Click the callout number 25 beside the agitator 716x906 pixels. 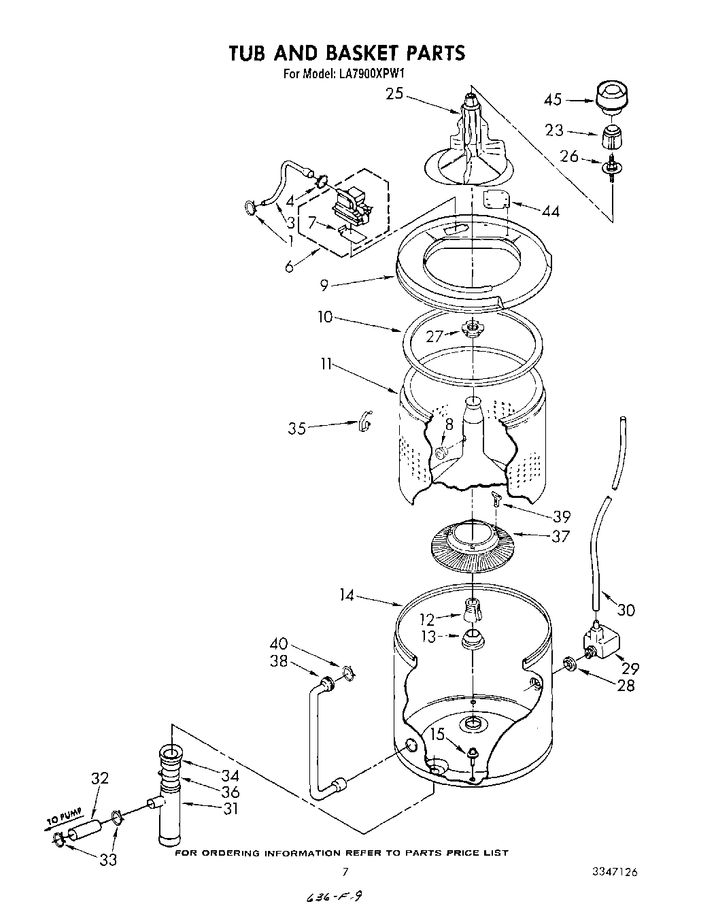click(x=394, y=95)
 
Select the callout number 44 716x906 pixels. click(x=551, y=212)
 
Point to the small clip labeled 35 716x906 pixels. click(x=364, y=422)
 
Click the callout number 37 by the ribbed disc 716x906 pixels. click(x=560, y=536)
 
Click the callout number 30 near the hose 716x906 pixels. click(x=626, y=609)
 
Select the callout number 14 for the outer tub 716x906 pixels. click(x=347, y=595)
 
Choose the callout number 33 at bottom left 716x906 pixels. click(x=108, y=860)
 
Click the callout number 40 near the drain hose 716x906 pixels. click(x=279, y=643)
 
